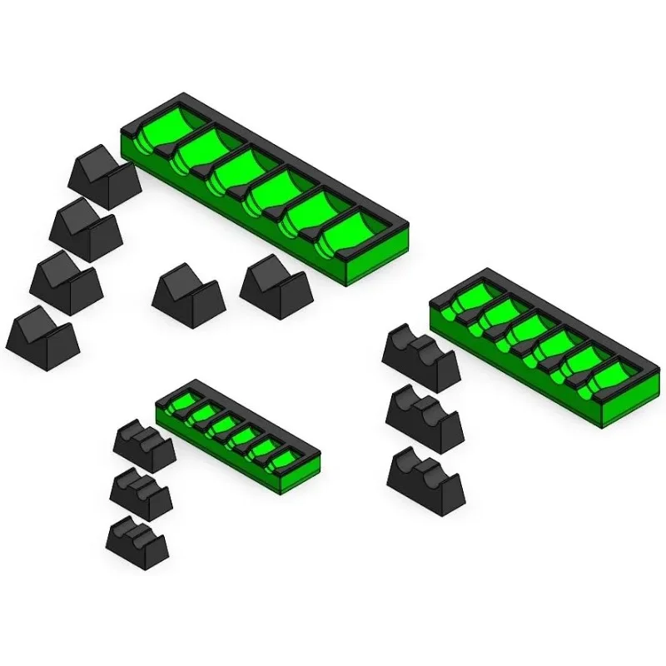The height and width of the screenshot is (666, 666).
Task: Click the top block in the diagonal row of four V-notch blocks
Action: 103,176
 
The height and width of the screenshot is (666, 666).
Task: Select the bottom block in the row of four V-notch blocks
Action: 42,338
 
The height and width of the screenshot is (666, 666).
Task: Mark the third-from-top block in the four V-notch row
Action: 66,282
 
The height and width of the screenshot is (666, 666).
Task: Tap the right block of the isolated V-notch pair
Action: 276,287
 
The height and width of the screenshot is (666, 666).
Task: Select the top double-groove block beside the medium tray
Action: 420,358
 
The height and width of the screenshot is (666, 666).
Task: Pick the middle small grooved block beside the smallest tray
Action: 141,494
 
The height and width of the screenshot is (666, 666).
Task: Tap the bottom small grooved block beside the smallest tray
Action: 137,542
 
